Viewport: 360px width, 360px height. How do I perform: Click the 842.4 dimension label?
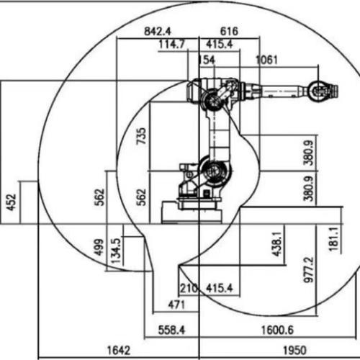(158, 32)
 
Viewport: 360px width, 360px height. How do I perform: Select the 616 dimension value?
(229, 32)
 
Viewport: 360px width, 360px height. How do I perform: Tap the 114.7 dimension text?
(172, 44)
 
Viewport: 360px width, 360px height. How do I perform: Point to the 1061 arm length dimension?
(266, 60)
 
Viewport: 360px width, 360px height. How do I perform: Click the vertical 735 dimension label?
(141, 136)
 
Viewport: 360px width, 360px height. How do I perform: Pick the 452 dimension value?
(12, 202)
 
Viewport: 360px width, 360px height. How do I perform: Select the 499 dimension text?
(99, 247)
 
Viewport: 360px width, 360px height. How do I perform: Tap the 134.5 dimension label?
(117, 251)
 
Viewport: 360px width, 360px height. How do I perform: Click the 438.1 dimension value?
(277, 244)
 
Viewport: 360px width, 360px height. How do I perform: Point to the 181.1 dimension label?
(334, 239)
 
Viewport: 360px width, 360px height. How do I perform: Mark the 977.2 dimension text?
(309, 270)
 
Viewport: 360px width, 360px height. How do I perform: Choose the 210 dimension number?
(189, 288)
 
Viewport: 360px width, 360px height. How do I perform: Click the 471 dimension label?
(176, 305)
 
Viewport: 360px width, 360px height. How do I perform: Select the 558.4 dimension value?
(171, 330)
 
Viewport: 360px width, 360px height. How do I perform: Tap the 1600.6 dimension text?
(277, 330)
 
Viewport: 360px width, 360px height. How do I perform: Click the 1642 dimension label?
(119, 351)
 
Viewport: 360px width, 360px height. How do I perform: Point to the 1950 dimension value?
(295, 351)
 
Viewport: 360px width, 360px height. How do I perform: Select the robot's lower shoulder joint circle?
(215, 171)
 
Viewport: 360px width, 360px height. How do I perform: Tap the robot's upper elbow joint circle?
(212, 99)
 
